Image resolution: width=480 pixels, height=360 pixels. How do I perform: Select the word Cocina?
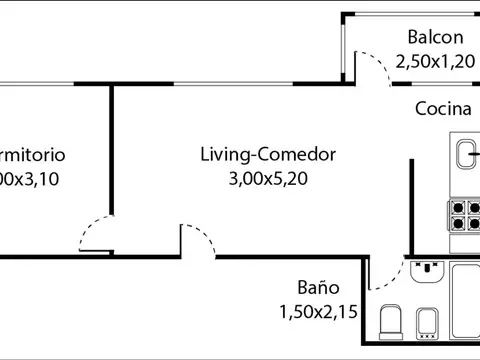[443, 110]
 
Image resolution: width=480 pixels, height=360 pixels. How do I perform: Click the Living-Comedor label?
[267, 155]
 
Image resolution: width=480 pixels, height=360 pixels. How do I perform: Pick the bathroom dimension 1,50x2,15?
[316, 309]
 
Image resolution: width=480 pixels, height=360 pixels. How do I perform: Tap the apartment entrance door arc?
[197, 238]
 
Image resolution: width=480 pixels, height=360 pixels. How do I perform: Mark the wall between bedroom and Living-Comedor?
[111, 150]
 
